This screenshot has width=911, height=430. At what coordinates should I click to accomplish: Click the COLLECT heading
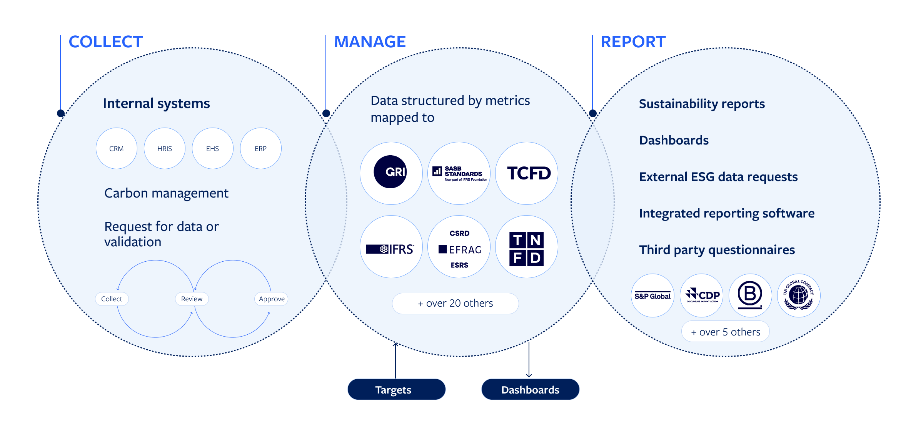[x=105, y=42]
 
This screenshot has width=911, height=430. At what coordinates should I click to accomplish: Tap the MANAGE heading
[x=370, y=42]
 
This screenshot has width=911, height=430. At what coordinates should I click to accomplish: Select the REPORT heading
[x=633, y=42]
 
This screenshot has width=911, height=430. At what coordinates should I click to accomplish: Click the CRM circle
[x=116, y=149]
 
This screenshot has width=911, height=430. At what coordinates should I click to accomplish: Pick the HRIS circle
[x=164, y=149]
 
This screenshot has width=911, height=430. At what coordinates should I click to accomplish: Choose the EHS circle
[x=212, y=149]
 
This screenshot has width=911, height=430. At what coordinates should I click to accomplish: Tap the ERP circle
[x=260, y=149]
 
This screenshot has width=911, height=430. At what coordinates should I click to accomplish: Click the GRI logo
[x=391, y=173]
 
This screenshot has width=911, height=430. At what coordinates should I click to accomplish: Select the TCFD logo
[x=527, y=173]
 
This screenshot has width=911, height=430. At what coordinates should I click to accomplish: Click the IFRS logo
[x=391, y=249]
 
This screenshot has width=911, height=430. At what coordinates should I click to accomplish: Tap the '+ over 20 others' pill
[x=455, y=304]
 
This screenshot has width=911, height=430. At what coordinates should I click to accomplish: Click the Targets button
[x=396, y=390]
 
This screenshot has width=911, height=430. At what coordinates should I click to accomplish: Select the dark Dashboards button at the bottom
[x=530, y=390]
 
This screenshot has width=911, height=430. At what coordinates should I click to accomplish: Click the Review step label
[x=192, y=299]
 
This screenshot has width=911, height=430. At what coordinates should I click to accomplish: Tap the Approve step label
[x=271, y=299]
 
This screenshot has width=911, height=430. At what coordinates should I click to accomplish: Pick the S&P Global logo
[x=652, y=296]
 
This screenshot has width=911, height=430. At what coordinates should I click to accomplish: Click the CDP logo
[x=701, y=296]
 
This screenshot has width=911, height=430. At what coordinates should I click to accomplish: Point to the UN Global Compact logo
[x=799, y=296]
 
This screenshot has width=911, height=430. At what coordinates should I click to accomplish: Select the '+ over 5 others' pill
[x=725, y=332]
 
